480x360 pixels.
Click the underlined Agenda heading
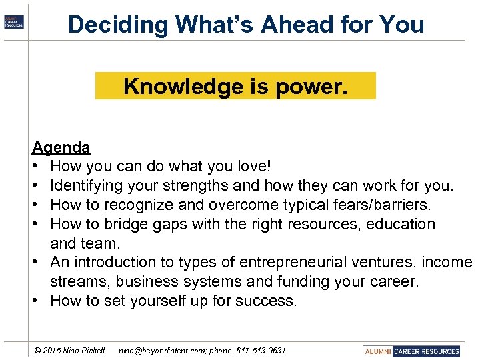61,147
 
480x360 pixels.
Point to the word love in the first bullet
255,165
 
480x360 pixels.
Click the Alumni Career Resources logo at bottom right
412,351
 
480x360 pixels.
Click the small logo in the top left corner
13,22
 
